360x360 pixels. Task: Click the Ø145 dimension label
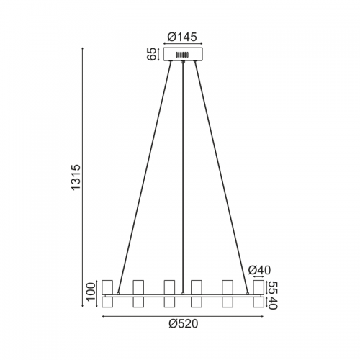coord(182,37)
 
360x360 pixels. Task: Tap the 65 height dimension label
coord(152,54)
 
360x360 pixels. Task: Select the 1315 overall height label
coord(76,177)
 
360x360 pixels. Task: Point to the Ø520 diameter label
coord(184,324)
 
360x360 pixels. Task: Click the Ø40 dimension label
coord(259,270)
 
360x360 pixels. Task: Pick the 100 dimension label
coord(91,292)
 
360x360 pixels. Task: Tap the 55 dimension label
coord(272,288)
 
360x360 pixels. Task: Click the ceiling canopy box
coord(183,54)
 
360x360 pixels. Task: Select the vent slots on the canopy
coord(182,55)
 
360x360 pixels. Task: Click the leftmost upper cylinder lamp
coord(107,287)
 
